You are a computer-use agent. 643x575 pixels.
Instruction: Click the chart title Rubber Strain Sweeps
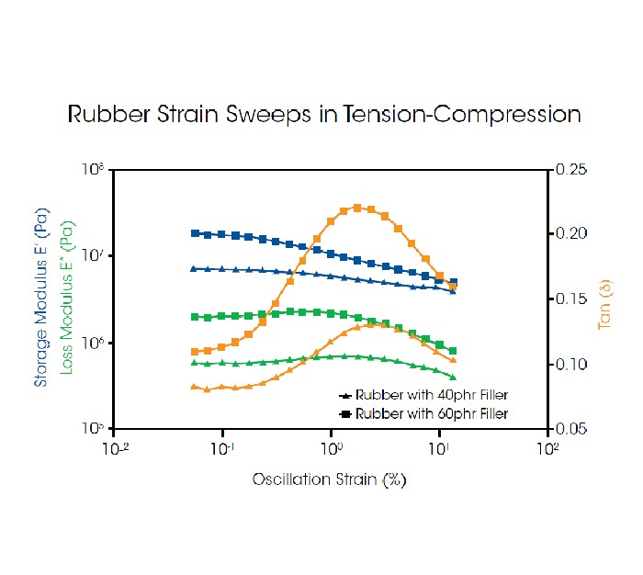(324, 115)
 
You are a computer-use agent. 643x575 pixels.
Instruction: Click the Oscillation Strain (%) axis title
(330, 479)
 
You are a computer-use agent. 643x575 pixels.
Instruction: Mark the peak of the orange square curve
(357, 208)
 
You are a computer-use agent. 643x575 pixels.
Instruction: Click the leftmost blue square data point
(194, 233)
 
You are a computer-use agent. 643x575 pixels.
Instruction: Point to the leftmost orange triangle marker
(194, 386)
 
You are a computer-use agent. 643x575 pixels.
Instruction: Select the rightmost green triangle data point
(453, 377)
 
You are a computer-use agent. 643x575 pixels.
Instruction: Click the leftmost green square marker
(194, 317)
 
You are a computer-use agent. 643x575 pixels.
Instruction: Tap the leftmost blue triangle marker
(194, 268)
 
